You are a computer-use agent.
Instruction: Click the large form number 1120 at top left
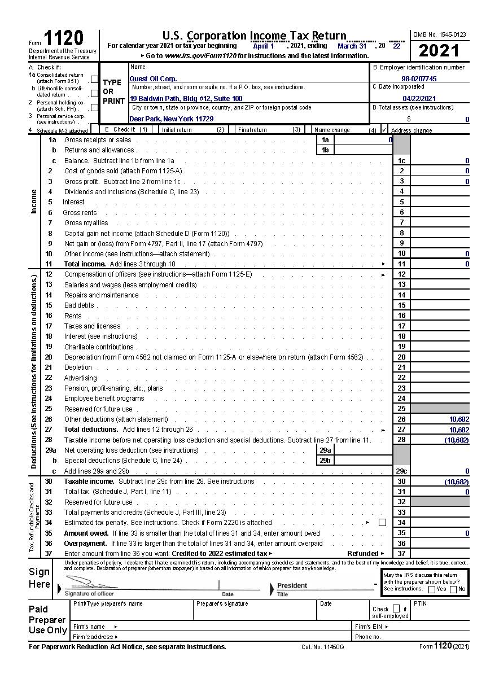pyautogui.click(x=63, y=38)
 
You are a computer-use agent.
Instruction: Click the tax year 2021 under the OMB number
pyautogui.click(x=439, y=51)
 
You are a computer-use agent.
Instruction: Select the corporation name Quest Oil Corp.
pyautogui.click(x=153, y=79)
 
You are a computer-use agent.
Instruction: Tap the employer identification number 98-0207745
pyautogui.click(x=419, y=79)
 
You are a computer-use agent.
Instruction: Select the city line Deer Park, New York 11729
pyautogui.click(x=172, y=119)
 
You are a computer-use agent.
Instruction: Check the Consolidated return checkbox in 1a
pyautogui.click(x=94, y=80)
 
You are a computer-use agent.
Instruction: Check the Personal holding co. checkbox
pyautogui.click(x=94, y=107)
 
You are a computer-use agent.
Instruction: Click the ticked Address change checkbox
pyautogui.click(x=384, y=130)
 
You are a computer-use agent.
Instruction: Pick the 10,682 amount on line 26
pyautogui.click(x=459, y=419)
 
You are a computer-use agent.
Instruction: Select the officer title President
pyautogui.click(x=292, y=585)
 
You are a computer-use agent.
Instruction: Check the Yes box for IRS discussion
pyautogui.click(x=432, y=589)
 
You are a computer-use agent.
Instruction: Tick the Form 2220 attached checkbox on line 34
pyautogui.click(x=382, y=523)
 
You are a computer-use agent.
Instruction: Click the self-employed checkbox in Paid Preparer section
pyautogui.click(x=396, y=608)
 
